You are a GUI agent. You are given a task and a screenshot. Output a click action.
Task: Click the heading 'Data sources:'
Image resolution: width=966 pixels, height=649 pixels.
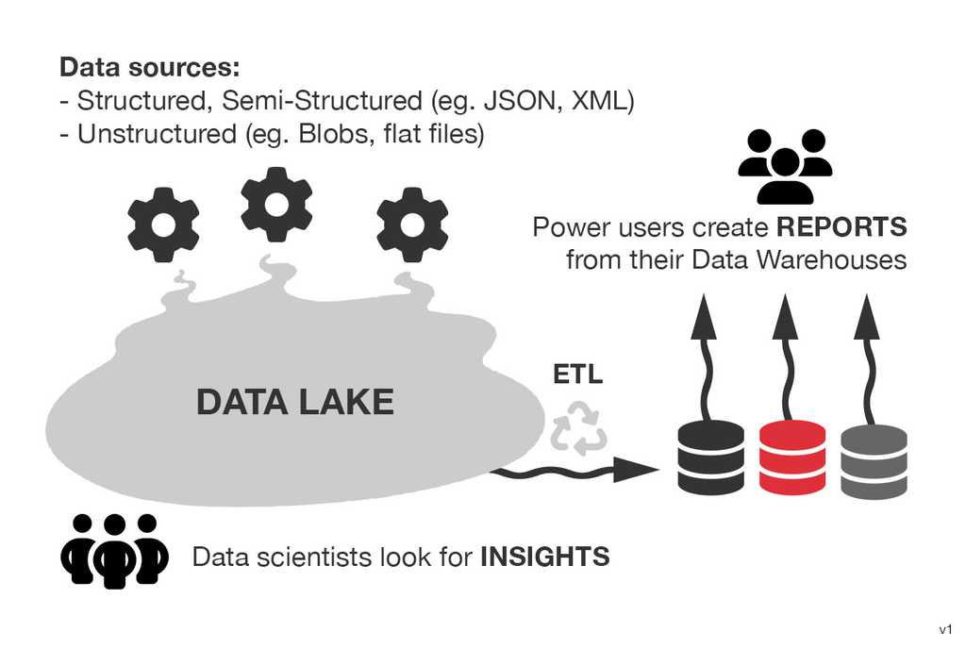pos(150,68)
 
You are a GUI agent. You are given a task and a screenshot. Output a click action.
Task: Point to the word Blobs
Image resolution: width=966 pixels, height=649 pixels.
pos(340,134)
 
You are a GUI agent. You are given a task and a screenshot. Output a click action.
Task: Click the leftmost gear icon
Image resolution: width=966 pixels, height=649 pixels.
pos(163,225)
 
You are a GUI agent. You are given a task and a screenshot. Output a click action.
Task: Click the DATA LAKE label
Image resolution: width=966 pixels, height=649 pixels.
pos(294,403)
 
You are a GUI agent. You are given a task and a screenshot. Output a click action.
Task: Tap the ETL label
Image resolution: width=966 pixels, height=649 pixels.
pos(577,375)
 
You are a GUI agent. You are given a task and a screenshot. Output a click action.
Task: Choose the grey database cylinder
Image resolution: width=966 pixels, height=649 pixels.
pos(874,461)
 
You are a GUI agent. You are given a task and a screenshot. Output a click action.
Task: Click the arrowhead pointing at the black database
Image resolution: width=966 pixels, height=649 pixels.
pos(639,469)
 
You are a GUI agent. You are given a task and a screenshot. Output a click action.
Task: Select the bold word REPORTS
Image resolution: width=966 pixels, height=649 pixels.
pos(841,227)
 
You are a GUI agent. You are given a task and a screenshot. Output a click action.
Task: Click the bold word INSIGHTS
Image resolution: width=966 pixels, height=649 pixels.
pos(545,557)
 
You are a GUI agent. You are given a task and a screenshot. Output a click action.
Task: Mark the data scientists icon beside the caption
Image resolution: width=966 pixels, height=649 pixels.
pos(115,550)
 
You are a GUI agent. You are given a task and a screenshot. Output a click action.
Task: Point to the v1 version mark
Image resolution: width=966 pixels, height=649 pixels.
pos(945,629)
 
